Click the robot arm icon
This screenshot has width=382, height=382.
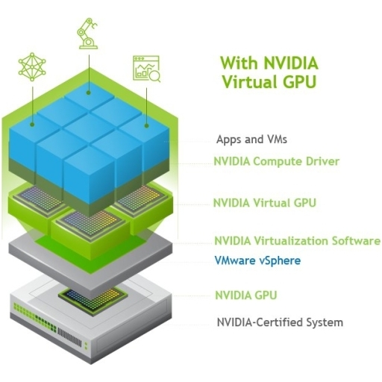[x=88, y=34]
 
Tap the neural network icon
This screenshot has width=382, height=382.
[x=32, y=66]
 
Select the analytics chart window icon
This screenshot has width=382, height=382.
[x=146, y=69]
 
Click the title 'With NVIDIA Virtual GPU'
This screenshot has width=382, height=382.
[x=269, y=72]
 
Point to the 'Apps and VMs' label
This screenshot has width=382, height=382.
[x=251, y=140]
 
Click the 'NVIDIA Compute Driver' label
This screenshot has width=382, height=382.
[x=277, y=161]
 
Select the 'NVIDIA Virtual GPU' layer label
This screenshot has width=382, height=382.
[x=265, y=203]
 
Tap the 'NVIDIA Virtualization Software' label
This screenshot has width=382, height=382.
[x=297, y=241]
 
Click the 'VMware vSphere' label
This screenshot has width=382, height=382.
[x=257, y=260]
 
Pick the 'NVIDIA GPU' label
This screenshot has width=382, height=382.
[x=246, y=295]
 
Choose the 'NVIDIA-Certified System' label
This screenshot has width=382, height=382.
[x=280, y=322]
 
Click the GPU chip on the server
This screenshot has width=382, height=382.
[x=93, y=300]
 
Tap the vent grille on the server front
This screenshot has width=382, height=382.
[x=69, y=337]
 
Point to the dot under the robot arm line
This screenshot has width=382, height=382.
[x=89, y=93]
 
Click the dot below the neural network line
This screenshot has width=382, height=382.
[x=32, y=124]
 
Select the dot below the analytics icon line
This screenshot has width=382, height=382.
[x=146, y=125]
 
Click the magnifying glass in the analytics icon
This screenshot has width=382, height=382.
[x=156, y=76]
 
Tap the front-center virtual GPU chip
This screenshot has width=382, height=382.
[x=90, y=222]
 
